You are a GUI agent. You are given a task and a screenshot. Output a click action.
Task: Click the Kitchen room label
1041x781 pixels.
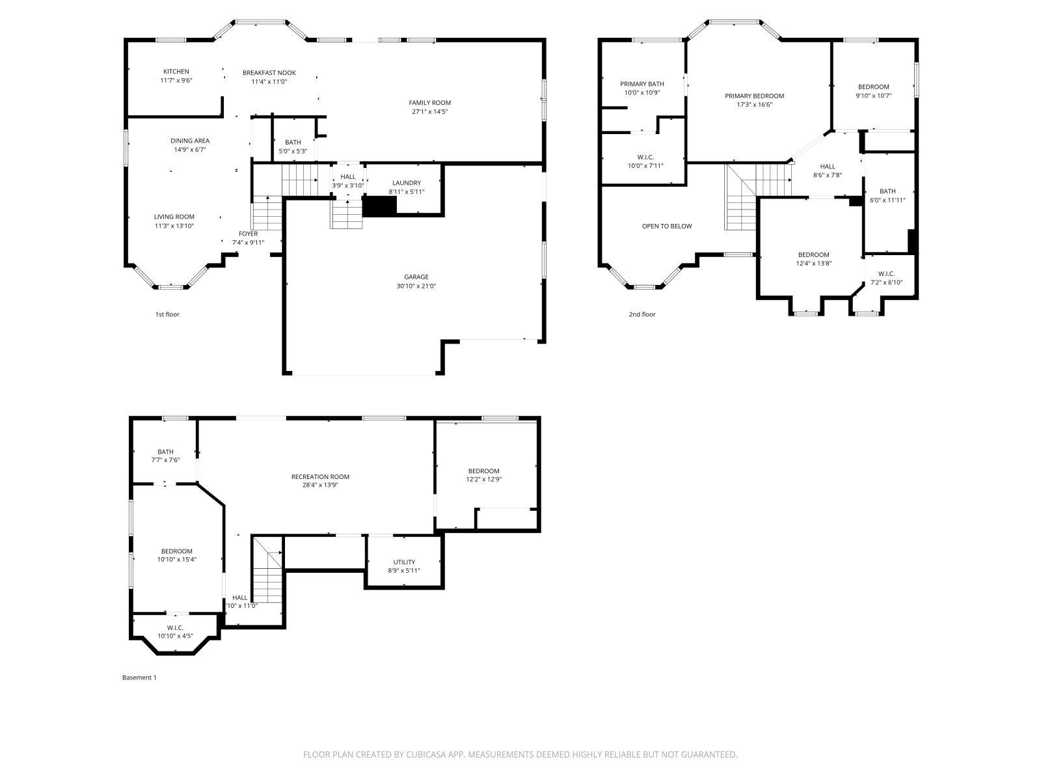tap(176, 72)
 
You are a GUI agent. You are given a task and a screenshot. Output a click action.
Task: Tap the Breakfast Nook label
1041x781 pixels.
tap(269, 72)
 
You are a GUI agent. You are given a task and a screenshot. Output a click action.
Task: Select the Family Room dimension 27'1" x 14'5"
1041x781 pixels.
tap(429, 111)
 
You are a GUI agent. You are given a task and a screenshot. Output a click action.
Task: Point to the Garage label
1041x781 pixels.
tap(416, 277)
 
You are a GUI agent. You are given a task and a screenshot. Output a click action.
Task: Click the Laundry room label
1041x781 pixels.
tap(407, 183)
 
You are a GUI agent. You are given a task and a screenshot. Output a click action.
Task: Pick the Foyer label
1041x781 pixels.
tap(248, 234)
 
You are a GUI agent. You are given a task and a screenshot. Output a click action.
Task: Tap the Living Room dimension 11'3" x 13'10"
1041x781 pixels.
tap(174, 226)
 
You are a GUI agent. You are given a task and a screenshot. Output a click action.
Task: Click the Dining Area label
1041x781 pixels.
tap(190, 141)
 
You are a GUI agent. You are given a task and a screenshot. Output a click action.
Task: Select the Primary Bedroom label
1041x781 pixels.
tap(754, 96)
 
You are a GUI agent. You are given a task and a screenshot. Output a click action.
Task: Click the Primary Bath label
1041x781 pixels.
tap(642, 84)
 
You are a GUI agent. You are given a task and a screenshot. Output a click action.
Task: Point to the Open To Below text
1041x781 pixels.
tap(667, 226)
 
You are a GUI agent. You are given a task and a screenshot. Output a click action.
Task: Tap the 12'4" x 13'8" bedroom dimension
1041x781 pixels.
tap(813, 263)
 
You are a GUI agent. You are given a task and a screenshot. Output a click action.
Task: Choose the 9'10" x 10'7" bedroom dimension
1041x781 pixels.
tap(873, 95)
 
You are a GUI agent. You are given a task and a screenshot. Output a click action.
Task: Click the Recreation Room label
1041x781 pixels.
tap(320, 476)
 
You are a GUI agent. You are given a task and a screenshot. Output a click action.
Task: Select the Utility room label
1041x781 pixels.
tap(404, 562)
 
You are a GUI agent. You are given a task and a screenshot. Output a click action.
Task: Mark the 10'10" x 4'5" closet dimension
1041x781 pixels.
tap(175, 636)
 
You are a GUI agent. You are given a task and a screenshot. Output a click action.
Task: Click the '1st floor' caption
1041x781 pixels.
tap(167, 314)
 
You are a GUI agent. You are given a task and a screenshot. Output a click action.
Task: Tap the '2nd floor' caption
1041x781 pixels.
tap(642, 314)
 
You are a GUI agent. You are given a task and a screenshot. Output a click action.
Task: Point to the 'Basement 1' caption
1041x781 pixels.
tap(139, 678)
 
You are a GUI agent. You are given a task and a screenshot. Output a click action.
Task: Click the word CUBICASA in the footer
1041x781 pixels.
tap(425, 754)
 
